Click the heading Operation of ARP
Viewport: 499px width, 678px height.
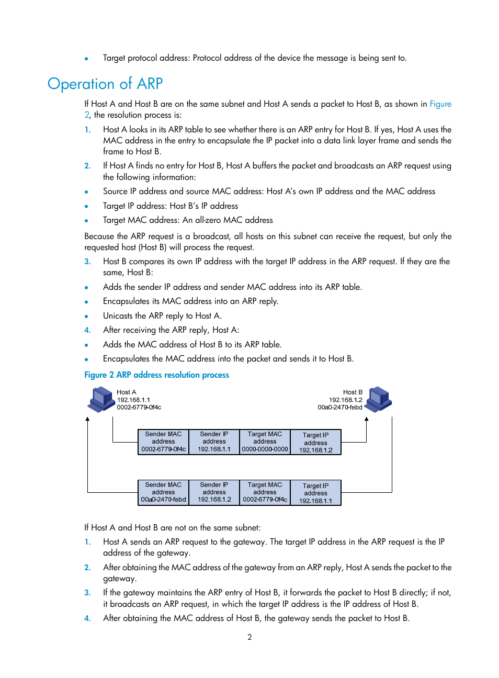pos(105,84)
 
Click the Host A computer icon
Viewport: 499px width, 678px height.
pos(101,399)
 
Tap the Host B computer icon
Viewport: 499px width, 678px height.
pos(379,399)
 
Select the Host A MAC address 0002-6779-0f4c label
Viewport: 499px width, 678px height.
pos(139,408)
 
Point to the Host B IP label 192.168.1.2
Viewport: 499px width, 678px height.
pos(345,400)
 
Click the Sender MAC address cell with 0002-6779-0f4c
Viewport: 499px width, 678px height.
pos(163,442)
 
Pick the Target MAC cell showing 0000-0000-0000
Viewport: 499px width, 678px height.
pos(265,442)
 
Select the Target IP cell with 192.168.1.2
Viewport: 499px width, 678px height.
pos(315,443)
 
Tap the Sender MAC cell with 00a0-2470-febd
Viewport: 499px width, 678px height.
pos(163,493)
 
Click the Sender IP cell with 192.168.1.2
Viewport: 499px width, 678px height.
pos(214,493)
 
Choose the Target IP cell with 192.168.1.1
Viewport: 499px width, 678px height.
pos(315,493)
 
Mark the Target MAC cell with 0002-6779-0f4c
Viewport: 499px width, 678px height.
pos(265,493)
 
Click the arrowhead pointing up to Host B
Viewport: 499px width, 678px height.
pos(366,419)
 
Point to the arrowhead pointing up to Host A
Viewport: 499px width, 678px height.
pos(87,419)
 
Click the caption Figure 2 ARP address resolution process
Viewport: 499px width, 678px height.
pos(156,375)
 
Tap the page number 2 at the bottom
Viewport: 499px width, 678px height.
pos(249,637)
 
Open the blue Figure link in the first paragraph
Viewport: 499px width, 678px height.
pos(440,104)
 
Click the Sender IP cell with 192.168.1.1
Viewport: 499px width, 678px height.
pos(214,442)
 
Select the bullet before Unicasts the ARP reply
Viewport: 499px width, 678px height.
pos(86,317)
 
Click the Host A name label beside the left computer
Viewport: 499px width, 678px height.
pos(126,392)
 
